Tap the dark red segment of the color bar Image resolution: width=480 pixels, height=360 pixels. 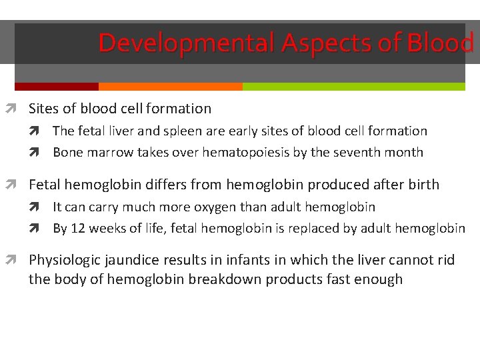click(56, 87)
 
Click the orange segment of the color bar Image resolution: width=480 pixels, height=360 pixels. click(170, 87)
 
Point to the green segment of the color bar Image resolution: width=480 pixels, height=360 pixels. click(353, 87)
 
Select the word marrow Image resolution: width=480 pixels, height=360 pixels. click(108, 153)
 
